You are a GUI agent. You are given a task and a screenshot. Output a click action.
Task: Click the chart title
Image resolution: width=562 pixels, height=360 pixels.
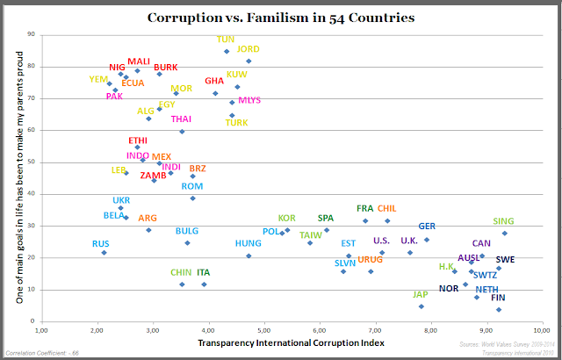281,17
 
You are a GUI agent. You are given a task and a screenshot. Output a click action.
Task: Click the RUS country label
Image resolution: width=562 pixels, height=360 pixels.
101,243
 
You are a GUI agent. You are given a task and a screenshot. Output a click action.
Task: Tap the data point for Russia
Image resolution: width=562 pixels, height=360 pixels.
104,253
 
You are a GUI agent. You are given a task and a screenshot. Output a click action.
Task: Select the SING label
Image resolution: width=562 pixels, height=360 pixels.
503,221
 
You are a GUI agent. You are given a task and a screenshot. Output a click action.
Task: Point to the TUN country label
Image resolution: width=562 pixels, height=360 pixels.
226,40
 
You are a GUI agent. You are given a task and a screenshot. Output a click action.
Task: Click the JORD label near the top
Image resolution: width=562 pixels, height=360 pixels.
249,49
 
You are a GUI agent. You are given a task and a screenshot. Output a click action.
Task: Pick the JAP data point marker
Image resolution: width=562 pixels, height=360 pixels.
421,306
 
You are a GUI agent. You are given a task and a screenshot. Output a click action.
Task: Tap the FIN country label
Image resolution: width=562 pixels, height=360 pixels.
498,298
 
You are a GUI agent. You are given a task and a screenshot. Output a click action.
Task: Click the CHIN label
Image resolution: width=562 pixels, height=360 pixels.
181,273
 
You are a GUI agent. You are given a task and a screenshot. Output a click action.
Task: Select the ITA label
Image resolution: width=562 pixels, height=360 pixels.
204,273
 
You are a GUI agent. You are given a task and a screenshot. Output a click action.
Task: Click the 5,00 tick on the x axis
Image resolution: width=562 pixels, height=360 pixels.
263,331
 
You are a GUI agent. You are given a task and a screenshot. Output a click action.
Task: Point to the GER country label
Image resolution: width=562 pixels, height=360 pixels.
427,227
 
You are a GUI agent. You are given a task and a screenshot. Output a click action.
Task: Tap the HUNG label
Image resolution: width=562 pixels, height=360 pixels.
249,243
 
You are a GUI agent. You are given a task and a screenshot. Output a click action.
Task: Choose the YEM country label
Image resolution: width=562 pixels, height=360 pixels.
98,79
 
